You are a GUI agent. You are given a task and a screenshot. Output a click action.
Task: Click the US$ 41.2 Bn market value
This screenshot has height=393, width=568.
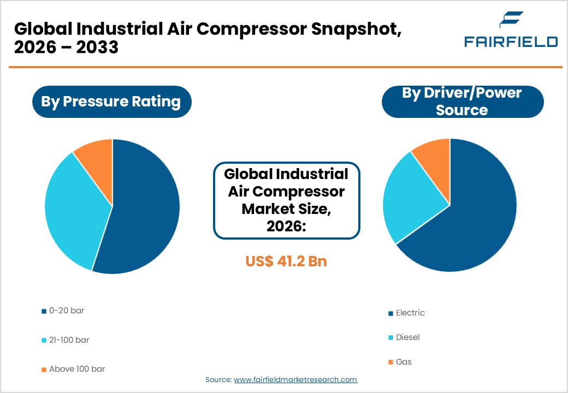(x=286, y=261)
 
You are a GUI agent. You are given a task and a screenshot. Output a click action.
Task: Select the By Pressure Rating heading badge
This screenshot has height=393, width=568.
(x=111, y=102)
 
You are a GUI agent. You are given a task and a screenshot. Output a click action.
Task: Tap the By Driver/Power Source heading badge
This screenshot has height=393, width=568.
(x=462, y=102)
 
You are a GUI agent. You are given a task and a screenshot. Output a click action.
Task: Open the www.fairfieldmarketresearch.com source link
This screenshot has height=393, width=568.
(x=295, y=379)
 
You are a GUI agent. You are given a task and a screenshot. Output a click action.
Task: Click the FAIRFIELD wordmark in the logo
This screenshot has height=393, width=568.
(x=511, y=41)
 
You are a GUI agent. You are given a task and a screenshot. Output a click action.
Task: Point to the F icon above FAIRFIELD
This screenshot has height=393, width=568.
(x=511, y=20)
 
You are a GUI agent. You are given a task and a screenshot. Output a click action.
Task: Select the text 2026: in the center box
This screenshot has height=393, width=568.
(x=286, y=225)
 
